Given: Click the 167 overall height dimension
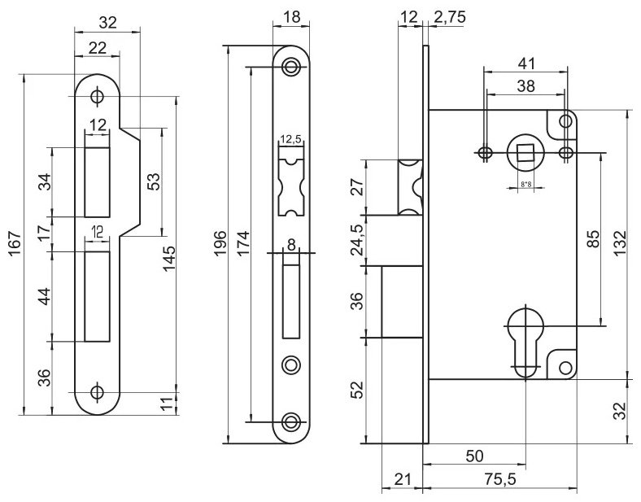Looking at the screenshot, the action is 15,244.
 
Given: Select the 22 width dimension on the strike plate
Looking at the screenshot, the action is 98,48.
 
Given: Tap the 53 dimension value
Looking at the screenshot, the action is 153,181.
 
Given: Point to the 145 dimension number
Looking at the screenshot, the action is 169,258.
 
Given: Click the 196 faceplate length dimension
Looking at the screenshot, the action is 220,243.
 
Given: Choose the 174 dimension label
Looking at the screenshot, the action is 243,243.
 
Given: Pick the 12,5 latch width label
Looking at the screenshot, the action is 290,139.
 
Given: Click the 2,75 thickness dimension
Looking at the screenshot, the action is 449,18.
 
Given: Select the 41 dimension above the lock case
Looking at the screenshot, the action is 526,63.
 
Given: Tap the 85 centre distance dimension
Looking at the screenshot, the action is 593,238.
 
